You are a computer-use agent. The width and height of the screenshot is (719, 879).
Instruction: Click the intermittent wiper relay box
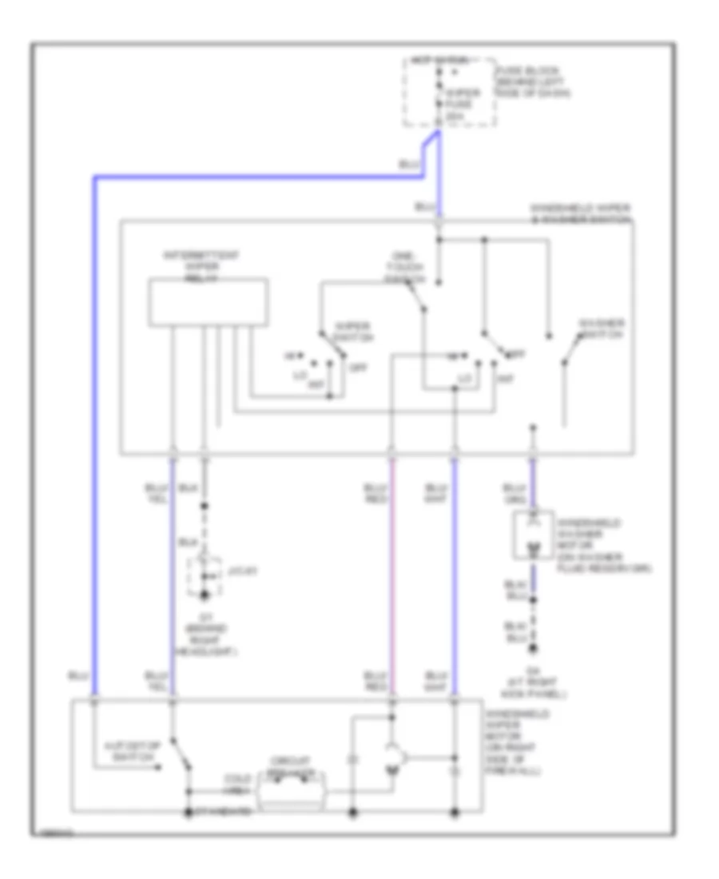click(x=208, y=301)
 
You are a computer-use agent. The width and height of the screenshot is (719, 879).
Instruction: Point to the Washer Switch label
click(x=602, y=328)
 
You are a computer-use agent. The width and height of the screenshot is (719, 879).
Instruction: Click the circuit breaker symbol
click(x=291, y=791)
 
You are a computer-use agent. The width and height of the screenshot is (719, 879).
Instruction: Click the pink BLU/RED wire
click(x=391, y=583)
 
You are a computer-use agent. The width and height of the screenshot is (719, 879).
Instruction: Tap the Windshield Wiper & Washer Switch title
click(x=581, y=212)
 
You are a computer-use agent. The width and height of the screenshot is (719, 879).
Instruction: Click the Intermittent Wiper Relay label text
click(x=202, y=263)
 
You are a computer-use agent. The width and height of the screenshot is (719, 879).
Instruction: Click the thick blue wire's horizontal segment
click(x=256, y=176)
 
